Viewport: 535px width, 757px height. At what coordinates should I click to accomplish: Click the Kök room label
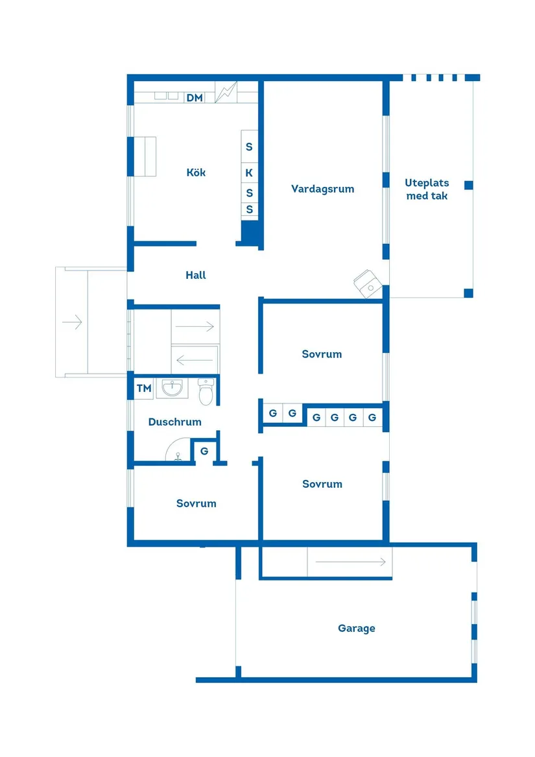point(196,173)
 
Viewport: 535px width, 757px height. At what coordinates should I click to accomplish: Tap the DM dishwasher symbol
point(195,98)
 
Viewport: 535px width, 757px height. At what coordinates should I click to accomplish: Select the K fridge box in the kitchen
point(249,173)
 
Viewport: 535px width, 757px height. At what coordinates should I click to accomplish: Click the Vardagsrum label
point(322,189)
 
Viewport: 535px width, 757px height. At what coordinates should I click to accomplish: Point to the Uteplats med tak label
point(427,189)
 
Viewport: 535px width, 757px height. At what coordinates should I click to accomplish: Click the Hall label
point(196,276)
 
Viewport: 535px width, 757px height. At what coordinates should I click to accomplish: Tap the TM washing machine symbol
point(144,389)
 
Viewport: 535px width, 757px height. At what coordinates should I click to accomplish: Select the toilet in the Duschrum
point(206,392)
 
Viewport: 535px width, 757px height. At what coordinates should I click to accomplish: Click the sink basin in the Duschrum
point(172,389)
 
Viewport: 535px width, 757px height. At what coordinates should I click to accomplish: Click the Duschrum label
point(174,422)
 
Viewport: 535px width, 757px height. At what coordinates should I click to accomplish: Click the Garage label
point(357,629)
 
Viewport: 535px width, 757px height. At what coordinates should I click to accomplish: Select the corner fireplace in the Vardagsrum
point(368,283)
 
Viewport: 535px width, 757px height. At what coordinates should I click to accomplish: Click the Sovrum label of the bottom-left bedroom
point(196,503)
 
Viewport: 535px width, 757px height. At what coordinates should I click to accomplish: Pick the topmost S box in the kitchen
point(249,147)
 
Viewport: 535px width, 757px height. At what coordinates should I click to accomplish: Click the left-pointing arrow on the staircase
point(195,359)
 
